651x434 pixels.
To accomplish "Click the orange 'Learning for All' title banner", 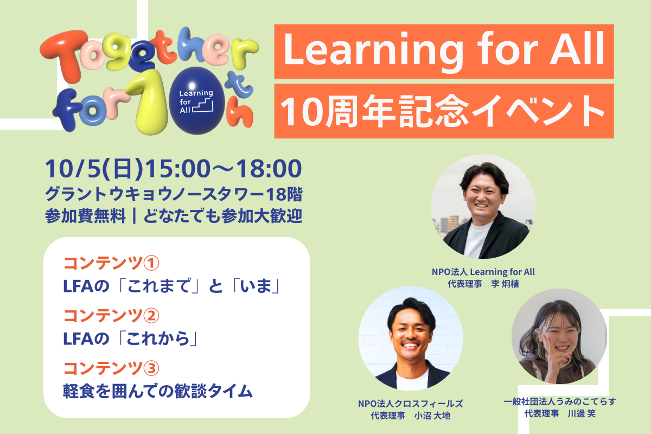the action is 444,52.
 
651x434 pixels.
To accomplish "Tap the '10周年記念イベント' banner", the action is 444,111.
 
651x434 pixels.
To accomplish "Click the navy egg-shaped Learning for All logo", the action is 197,101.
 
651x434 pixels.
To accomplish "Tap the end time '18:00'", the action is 269,169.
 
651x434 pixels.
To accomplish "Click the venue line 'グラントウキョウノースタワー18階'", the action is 174,194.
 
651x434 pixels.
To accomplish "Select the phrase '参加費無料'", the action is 86,216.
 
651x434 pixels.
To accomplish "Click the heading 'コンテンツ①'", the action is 111,263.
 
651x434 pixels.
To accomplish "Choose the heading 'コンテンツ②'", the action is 111,316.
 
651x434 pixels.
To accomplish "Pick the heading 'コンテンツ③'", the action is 111,368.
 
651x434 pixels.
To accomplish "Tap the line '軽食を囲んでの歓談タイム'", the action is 158,391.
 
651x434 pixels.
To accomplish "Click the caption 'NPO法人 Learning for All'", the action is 483,272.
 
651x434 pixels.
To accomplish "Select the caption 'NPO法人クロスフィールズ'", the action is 411,404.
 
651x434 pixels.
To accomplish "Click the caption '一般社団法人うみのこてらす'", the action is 560,401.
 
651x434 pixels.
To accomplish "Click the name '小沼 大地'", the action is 432,416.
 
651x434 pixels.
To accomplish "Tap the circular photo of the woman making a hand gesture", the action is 559,336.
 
